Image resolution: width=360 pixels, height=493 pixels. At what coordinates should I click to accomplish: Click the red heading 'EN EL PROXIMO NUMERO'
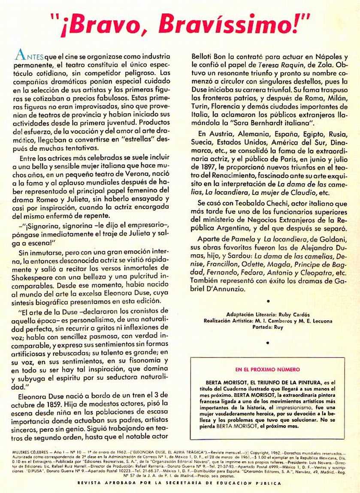[267, 369]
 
